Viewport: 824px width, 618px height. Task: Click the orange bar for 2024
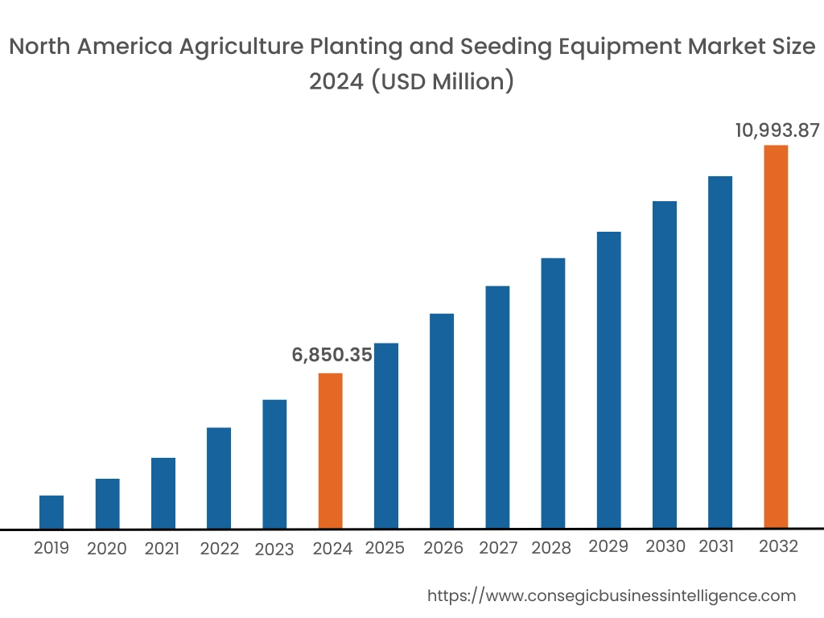pyautogui.click(x=330, y=451)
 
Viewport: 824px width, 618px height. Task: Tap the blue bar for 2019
pyautogui.click(x=51, y=512)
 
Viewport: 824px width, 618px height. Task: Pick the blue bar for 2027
pyautogui.click(x=497, y=407)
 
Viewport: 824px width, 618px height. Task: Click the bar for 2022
pyautogui.click(x=219, y=478)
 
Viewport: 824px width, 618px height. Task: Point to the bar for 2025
pyautogui.click(x=386, y=435)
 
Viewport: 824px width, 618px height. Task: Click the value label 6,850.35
pyautogui.click(x=332, y=355)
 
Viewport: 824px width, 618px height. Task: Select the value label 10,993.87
pyautogui.click(x=777, y=130)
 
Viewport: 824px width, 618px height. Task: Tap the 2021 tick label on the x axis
pyautogui.click(x=162, y=549)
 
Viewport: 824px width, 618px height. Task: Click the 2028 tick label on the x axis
pyautogui.click(x=552, y=549)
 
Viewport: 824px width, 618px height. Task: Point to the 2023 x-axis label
pyautogui.click(x=274, y=550)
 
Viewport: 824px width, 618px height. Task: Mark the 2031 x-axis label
pyautogui.click(x=716, y=547)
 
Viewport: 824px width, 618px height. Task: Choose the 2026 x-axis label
pyautogui.click(x=443, y=549)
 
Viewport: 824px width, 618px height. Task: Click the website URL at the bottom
pyautogui.click(x=611, y=595)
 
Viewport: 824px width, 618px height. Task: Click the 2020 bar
pyautogui.click(x=107, y=504)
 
